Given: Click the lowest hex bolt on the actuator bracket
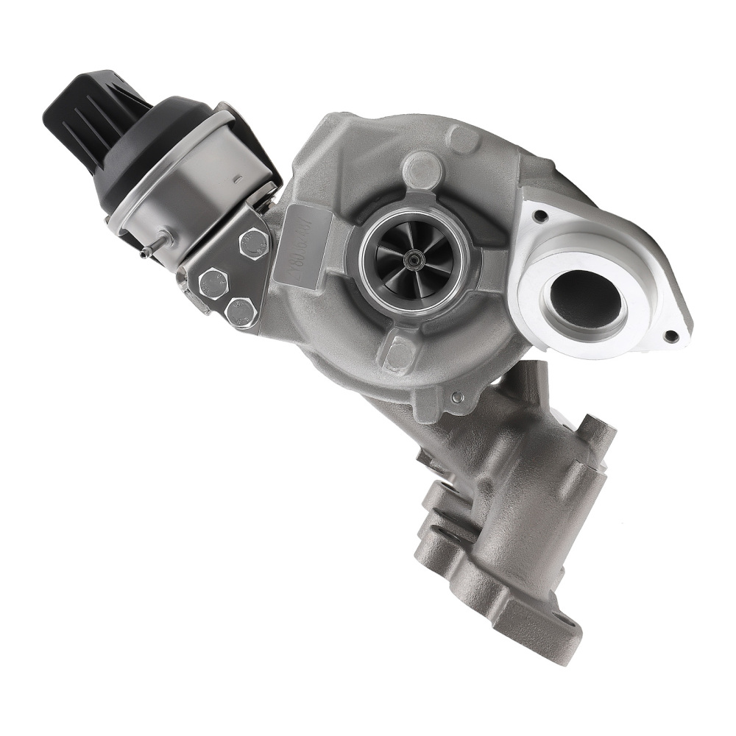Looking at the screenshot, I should pos(239,308).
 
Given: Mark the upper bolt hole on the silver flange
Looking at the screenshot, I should pos(542,216).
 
